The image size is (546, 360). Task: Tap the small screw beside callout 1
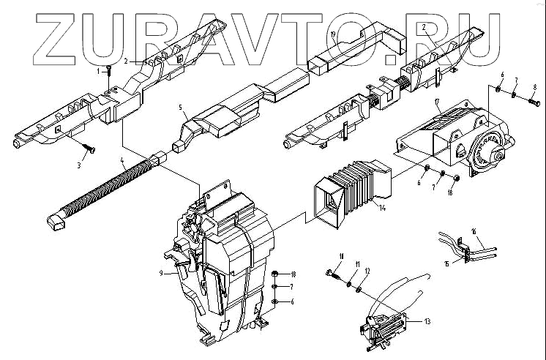point(108,70)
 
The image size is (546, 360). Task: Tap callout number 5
point(179,107)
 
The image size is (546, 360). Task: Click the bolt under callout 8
point(532,103)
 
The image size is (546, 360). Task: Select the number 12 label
point(368,271)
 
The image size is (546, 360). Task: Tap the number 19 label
point(332,34)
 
